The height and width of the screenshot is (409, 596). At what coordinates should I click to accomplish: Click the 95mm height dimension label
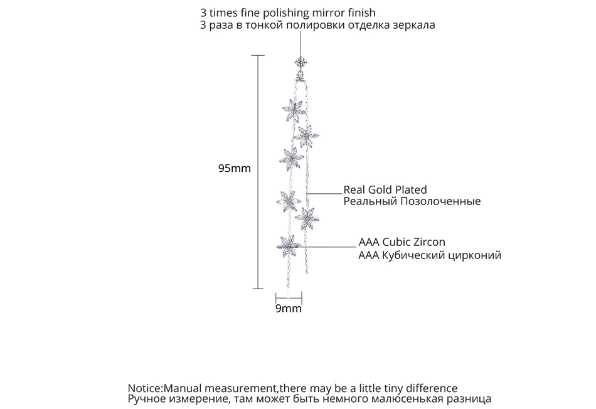[x=234, y=169]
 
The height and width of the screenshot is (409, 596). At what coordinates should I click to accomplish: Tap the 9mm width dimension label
[x=289, y=308]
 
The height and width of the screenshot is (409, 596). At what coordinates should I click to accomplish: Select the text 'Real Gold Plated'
[x=385, y=189]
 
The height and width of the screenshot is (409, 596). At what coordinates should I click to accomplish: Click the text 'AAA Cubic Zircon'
[x=402, y=242]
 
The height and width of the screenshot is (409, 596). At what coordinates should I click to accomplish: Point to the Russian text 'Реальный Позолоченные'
[x=412, y=201]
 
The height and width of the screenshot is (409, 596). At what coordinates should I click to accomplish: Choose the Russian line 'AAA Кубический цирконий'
[x=429, y=255]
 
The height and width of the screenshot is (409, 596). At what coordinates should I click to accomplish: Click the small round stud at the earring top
[x=301, y=61]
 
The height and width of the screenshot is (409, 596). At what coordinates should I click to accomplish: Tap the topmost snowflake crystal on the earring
[x=292, y=107]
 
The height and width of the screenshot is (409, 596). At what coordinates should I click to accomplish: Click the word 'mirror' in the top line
[x=339, y=13]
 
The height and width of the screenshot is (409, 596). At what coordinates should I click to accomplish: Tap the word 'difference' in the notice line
[x=433, y=388]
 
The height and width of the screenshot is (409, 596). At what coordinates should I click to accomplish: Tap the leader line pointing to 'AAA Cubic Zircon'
[x=329, y=246]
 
